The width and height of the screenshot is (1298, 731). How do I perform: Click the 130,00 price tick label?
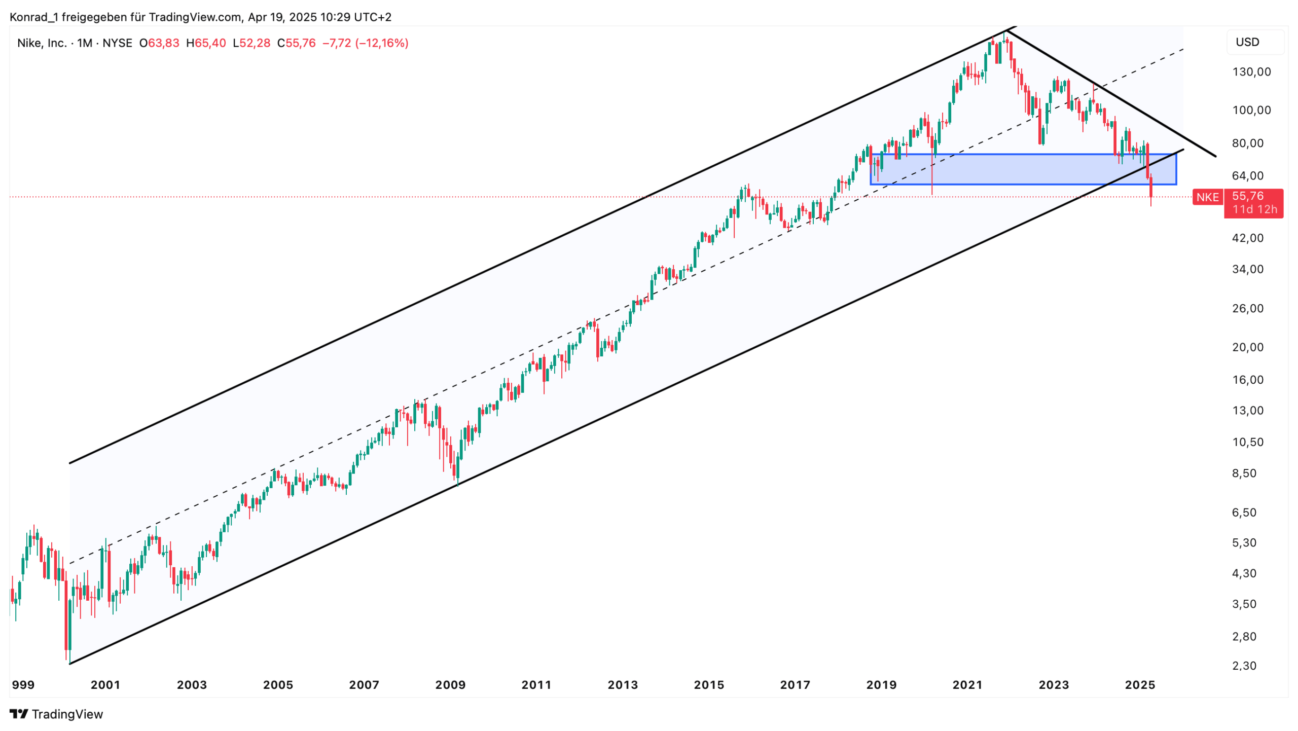click(x=1251, y=72)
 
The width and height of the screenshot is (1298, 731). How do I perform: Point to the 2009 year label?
click(x=450, y=685)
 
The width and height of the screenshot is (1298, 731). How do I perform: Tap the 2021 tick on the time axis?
click(x=967, y=685)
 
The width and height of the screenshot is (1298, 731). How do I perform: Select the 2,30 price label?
click(x=1244, y=666)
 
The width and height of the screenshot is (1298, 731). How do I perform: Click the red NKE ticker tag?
click(x=1207, y=197)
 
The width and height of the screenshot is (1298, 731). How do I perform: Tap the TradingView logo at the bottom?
click(x=56, y=714)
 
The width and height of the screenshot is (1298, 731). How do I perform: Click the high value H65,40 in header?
click(x=206, y=43)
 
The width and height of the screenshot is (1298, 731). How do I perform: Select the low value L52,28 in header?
click(x=251, y=43)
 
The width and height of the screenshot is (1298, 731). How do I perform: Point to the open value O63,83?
click(x=159, y=43)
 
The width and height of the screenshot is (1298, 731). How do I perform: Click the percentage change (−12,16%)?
click(x=382, y=43)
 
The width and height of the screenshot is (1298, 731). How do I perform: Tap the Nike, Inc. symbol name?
click(x=42, y=43)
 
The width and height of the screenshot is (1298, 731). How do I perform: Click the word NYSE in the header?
click(x=117, y=43)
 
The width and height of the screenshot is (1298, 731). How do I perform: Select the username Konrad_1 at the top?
click(x=33, y=17)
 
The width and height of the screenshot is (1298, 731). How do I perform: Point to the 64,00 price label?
click(x=1248, y=176)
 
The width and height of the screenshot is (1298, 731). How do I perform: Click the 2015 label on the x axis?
click(x=709, y=685)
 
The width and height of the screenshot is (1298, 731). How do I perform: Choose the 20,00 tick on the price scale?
click(x=1248, y=347)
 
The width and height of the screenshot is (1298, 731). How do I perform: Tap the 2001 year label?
click(x=105, y=685)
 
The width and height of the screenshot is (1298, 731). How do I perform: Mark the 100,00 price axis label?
click(x=1251, y=111)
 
